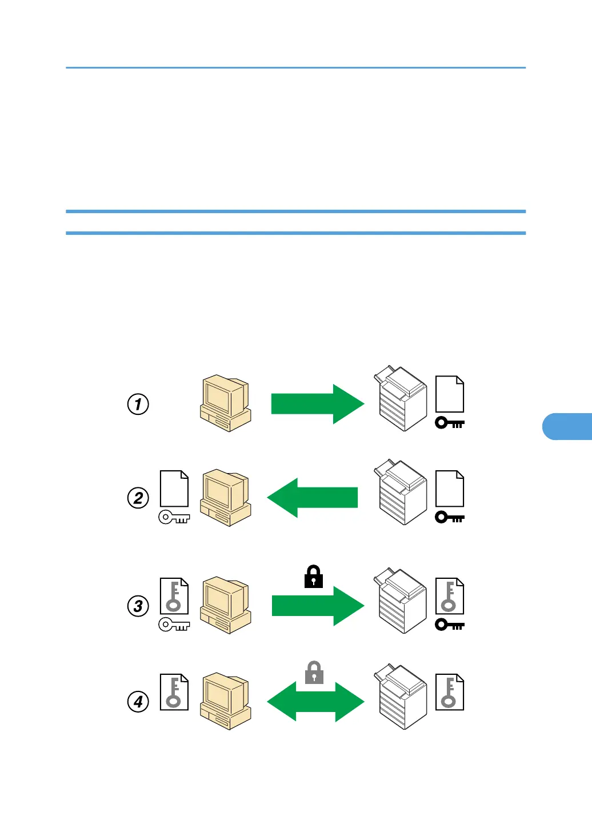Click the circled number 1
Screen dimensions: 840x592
point(138,404)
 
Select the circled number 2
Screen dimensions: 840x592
point(138,497)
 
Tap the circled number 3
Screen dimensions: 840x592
point(138,606)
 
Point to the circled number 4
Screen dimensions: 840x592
point(138,701)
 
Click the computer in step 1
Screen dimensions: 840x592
point(226,403)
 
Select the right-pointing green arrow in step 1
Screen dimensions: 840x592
point(317,404)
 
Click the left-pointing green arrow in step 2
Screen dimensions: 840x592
point(313,497)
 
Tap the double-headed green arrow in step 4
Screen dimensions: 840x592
point(315,702)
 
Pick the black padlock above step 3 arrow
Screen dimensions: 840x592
point(314,577)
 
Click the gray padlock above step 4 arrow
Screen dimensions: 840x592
point(314,673)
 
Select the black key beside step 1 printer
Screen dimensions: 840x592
point(450,423)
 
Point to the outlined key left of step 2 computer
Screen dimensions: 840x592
point(174,518)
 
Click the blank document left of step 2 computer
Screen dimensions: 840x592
point(174,489)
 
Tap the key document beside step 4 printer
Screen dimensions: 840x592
point(450,692)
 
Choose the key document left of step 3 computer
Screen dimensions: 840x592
point(174,596)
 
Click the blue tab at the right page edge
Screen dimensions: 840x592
point(567,426)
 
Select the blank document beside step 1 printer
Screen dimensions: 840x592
point(450,394)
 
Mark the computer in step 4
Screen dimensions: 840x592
point(226,701)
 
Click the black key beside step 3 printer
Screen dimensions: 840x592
point(450,625)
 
